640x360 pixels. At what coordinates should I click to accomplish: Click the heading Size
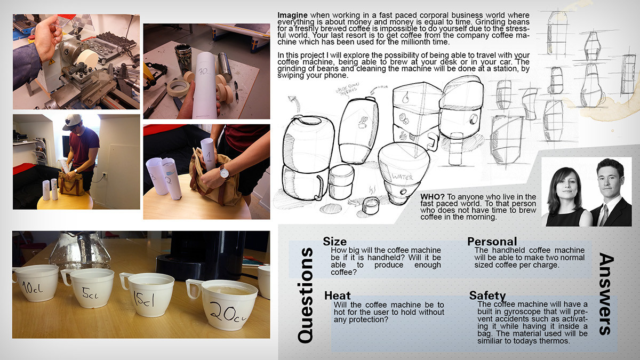tap(335, 242)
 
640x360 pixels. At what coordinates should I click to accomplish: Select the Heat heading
tap(337, 295)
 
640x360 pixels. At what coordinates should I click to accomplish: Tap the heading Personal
tap(492, 242)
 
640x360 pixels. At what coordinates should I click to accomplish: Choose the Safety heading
tap(487, 295)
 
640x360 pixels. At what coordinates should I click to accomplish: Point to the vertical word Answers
tap(606, 294)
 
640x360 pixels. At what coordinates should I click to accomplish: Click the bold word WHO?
tap(429, 197)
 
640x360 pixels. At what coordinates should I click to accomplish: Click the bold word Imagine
tap(292, 14)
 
